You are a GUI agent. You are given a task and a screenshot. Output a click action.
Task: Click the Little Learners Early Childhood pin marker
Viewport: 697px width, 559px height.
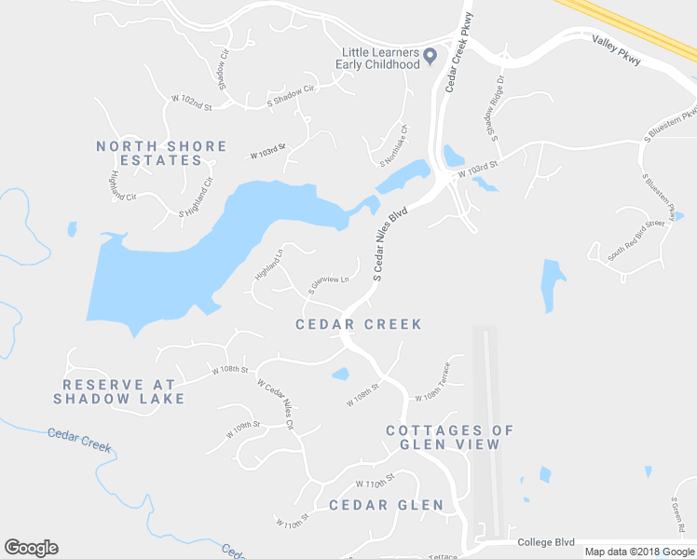(x=430, y=57)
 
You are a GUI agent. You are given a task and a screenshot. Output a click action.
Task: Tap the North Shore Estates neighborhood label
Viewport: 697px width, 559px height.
(x=162, y=154)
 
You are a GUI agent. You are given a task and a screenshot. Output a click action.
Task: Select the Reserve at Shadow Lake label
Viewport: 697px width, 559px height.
(x=118, y=391)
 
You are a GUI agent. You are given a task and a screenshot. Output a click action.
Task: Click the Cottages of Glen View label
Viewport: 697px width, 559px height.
(x=450, y=437)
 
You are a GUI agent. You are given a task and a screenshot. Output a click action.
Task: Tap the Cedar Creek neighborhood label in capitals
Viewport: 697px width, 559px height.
(x=359, y=324)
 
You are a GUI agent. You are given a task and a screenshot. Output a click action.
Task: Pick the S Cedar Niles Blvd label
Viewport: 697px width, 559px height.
(x=390, y=244)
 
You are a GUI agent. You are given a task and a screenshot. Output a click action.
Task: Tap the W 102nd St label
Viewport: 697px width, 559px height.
(x=192, y=102)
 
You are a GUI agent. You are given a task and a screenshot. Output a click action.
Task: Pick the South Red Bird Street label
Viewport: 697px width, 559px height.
(x=636, y=239)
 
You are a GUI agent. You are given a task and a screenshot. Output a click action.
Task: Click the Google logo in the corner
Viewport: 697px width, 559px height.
(x=31, y=548)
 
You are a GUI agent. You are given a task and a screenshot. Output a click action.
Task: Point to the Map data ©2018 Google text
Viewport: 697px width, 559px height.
(x=639, y=552)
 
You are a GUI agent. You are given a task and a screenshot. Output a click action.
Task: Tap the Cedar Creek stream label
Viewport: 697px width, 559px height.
(x=79, y=440)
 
